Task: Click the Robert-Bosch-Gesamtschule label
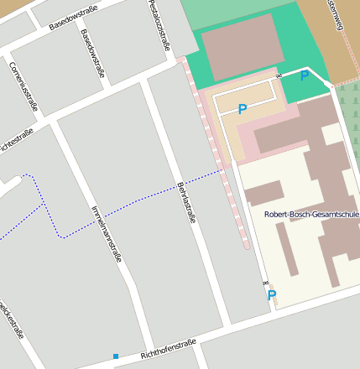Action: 311,215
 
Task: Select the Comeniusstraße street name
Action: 24,86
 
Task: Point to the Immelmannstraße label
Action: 106,234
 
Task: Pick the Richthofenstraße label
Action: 168,348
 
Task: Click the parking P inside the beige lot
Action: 243,109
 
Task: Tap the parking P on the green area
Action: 304,76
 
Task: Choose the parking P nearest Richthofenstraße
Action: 271,295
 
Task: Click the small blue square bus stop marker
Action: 116,356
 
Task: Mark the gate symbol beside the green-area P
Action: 277,74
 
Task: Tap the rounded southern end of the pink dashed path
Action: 246,246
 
